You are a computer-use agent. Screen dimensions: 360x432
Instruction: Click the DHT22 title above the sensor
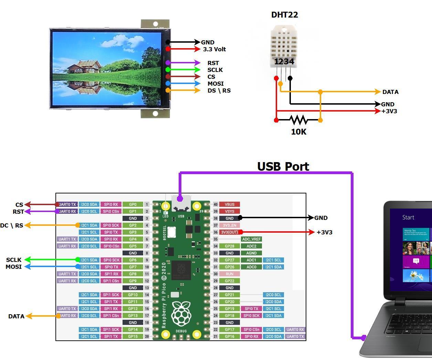point(284,15)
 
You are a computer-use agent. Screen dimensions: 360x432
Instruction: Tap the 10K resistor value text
point(298,132)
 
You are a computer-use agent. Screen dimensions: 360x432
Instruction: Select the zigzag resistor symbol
point(298,120)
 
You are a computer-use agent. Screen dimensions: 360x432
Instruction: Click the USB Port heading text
point(283,167)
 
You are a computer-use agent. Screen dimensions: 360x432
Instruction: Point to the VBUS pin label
point(229,204)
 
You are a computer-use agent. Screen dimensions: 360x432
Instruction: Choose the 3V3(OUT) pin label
point(229,232)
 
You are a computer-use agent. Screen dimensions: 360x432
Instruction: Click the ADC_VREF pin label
point(251,239)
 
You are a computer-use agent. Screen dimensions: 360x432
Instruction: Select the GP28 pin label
point(229,246)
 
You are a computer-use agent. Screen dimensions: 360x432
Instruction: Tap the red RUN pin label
point(229,274)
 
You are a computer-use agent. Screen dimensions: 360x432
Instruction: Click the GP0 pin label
point(133,204)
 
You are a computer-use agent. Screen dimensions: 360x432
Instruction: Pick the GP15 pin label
point(133,336)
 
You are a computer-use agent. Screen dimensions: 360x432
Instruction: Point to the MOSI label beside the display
point(215,84)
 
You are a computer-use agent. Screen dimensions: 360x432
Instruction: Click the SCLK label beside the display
point(215,70)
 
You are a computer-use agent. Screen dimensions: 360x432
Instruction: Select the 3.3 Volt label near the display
point(214,49)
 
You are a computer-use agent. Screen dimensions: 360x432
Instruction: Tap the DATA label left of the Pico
point(16,316)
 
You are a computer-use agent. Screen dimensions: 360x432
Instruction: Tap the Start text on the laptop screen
point(408,218)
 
